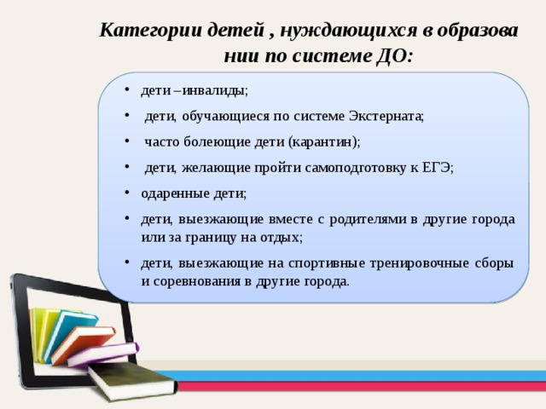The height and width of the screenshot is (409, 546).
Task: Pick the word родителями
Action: click(369, 219)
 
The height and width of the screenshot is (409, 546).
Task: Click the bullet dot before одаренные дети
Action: click(125, 193)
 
